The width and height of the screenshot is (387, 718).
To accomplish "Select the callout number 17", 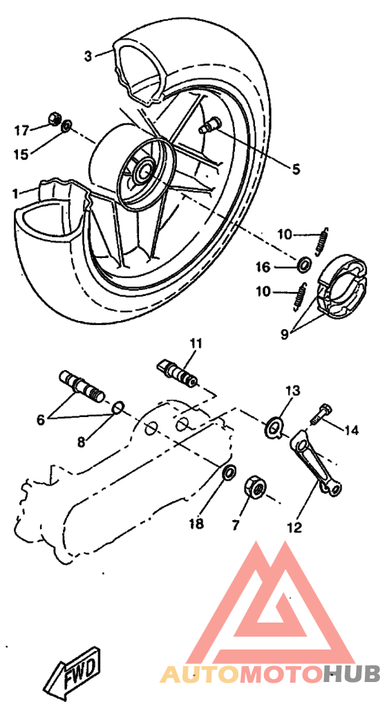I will tap(22, 129).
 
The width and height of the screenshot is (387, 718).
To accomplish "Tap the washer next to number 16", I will tap(303, 266).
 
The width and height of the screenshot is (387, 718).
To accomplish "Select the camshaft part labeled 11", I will tap(178, 370).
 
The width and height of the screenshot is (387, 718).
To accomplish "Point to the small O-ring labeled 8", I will tap(117, 407).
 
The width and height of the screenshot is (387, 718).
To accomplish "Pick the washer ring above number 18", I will tap(227, 474).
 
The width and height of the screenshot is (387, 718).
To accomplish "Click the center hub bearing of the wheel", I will tap(144, 169).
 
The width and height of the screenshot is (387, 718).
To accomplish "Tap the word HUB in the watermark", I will tap(353, 673).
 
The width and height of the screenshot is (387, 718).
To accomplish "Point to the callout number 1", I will tap(15, 194).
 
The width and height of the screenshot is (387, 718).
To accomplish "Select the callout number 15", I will tap(22, 154).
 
